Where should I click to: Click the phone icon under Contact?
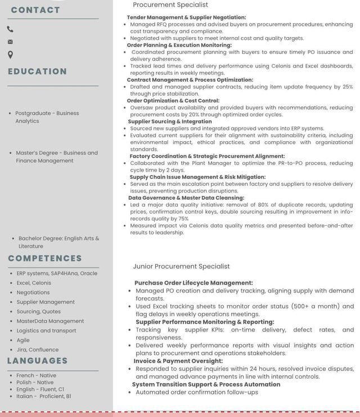(x=10, y=29)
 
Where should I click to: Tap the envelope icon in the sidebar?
(x=10, y=42)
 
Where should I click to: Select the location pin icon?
(x=10, y=55)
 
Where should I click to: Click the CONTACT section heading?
(x=35, y=10)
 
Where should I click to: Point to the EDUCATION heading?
(x=37, y=71)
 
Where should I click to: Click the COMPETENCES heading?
(x=45, y=258)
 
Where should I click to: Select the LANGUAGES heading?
(x=37, y=361)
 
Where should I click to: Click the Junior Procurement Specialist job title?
(x=181, y=266)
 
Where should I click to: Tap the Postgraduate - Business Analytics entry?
(x=47, y=117)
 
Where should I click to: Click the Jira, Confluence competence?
(x=37, y=349)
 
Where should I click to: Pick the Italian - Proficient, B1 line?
(x=44, y=396)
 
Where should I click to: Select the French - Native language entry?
(x=36, y=375)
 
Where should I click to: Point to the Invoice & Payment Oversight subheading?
(x=178, y=361)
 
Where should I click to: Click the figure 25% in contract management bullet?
(x=348, y=87)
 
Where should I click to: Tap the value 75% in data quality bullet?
(x=183, y=219)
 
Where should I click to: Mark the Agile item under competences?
(x=23, y=340)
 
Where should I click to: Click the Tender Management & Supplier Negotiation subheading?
(x=186, y=17)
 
